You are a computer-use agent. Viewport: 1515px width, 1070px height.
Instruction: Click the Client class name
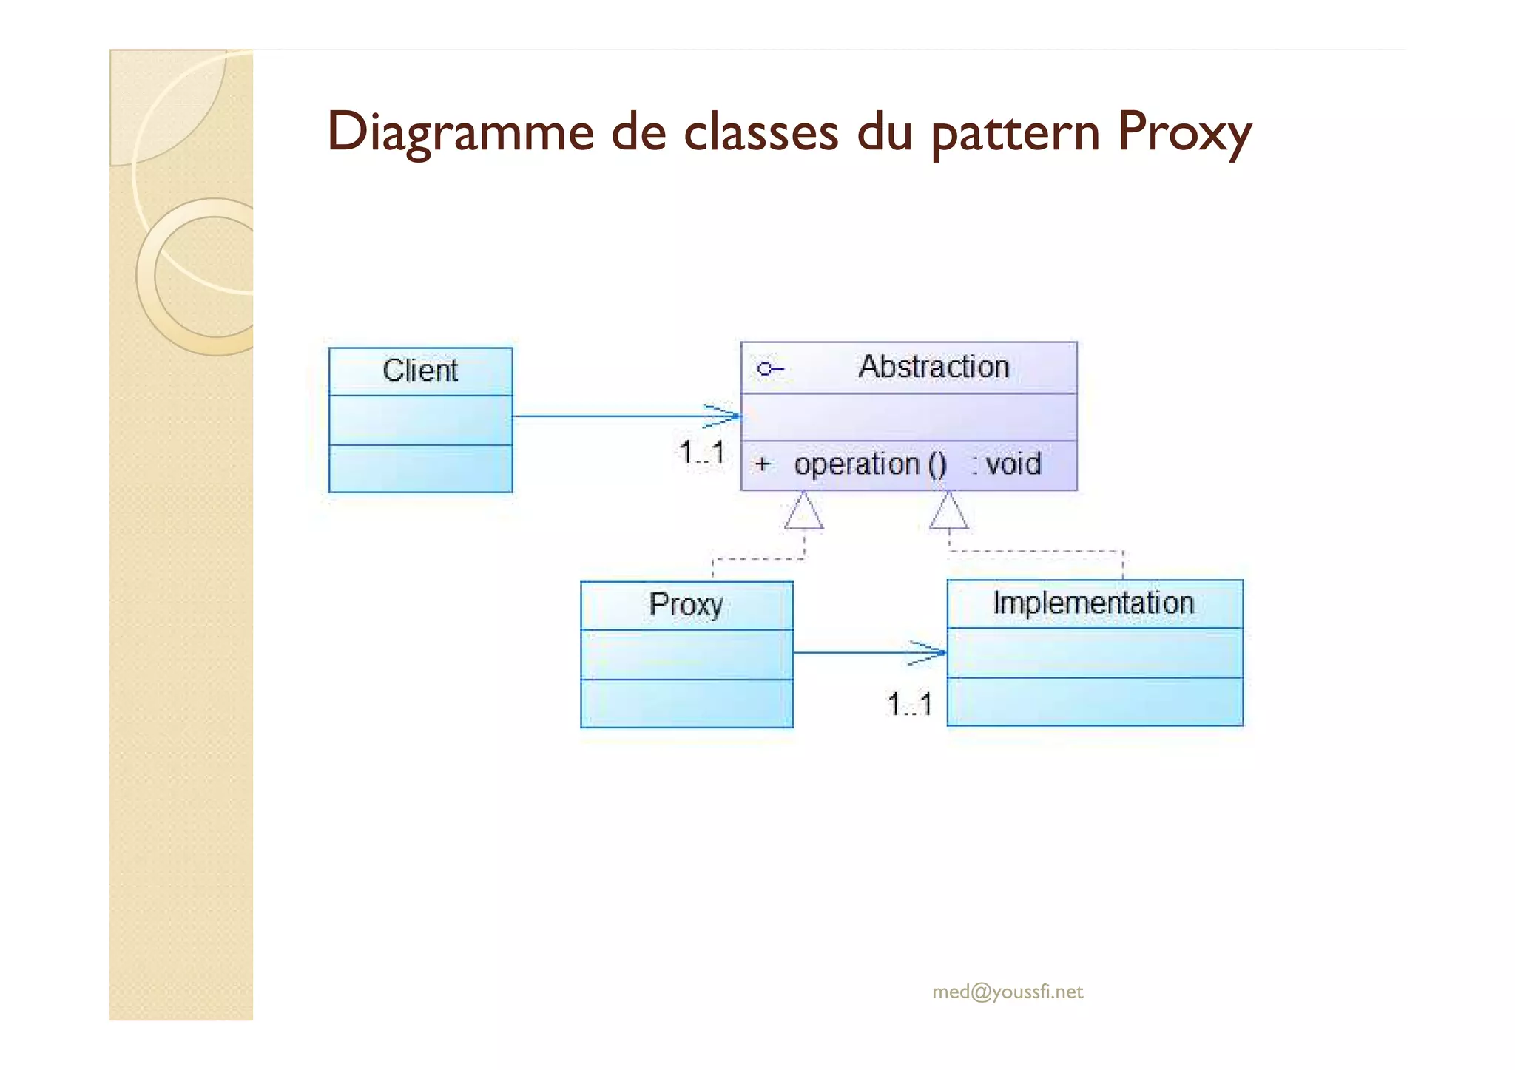click(x=420, y=370)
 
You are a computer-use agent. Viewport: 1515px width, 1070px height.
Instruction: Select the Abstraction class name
click(x=934, y=367)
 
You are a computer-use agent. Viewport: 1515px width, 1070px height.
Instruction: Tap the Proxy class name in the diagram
click(x=686, y=605)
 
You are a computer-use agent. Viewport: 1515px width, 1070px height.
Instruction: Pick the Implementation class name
click(x=1093, y=603)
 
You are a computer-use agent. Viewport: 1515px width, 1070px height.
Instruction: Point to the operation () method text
click(x=869, y=464)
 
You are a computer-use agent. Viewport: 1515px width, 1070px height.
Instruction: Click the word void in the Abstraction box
click(x=1013, y=464)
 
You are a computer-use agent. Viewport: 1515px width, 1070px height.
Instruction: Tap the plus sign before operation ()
click(x=763, y=464)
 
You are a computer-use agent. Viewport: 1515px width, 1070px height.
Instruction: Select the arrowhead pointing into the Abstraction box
click(x=723, y=416)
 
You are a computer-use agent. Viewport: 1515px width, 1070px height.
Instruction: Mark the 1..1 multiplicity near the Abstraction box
click(x=701, y=453)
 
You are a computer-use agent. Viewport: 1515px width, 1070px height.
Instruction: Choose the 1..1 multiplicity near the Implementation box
click(x=909, y=705)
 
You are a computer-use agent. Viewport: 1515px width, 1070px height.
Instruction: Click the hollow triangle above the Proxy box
click(x=803, y=512)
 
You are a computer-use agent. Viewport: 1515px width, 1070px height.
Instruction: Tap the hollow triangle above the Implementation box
click(x=948, y=512)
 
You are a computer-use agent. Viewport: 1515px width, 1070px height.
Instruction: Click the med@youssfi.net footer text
click(x=1008, y=992)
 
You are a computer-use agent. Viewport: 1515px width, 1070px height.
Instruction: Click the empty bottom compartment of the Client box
click(x=420, y=468)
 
